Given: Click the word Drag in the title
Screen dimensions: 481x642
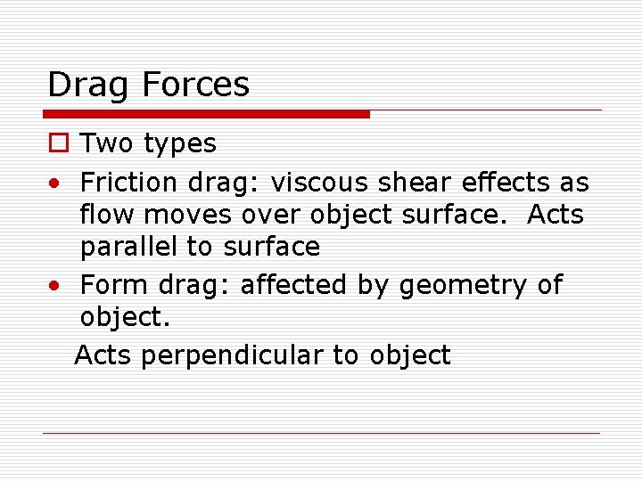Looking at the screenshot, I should pos(85,86).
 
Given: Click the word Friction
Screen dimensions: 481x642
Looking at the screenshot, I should pos(129,183).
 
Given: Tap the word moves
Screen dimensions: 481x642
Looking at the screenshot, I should pos(183,216).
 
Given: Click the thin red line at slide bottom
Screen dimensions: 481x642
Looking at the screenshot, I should pos(321,434).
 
